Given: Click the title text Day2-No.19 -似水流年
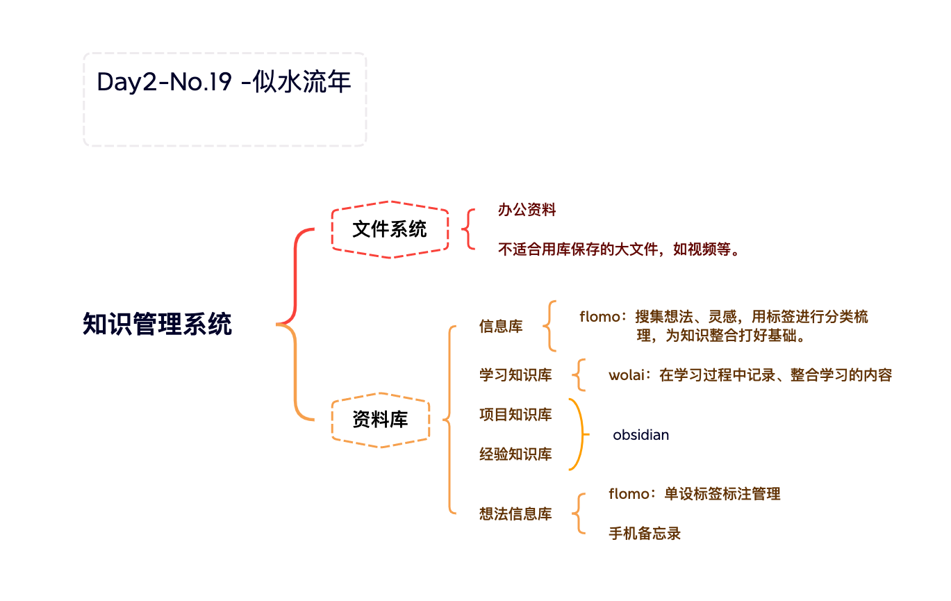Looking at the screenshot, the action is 224,81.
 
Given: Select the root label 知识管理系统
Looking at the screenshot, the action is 157,324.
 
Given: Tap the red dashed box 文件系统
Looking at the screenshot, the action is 390,229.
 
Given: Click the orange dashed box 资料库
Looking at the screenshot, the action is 381,420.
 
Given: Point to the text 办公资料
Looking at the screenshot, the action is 527,210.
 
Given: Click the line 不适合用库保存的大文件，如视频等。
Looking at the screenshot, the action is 620,249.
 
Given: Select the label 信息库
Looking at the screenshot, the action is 501,326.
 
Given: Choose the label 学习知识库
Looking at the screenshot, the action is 516,374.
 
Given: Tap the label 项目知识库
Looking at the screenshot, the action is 516,415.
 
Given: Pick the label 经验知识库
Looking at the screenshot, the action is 516,454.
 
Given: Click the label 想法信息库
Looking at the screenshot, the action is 516,514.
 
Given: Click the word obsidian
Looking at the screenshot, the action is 641,435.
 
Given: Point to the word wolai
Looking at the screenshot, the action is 627,375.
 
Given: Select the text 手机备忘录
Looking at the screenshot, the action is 645,534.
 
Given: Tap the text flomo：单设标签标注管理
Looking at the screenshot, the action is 695,493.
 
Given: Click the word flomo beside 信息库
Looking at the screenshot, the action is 600,317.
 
